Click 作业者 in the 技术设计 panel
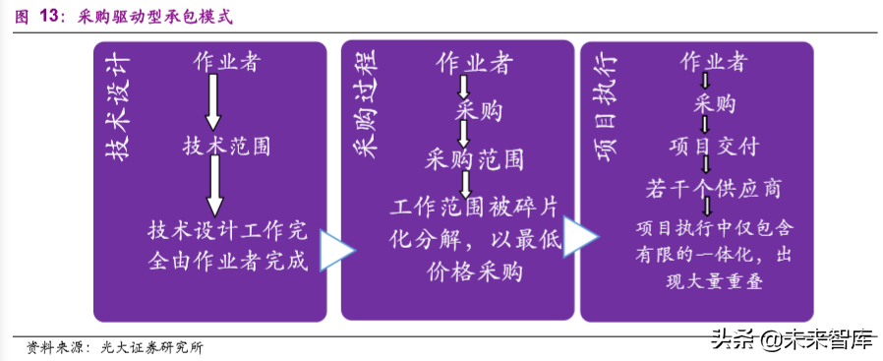coord(226,63)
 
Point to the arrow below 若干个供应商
coord(707,208)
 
